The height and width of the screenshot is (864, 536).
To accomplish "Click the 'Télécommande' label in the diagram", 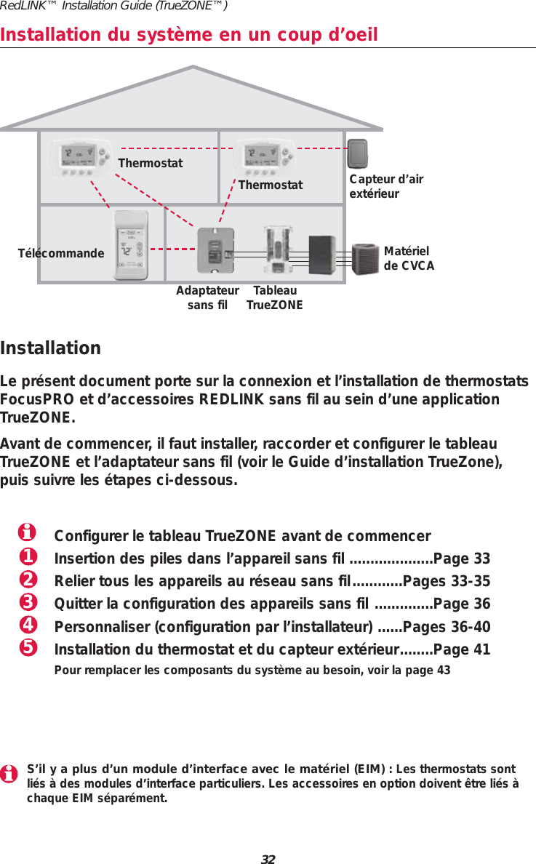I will [x=61, y=254].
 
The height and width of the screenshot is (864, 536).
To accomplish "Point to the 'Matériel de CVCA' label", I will [x=409, y=258].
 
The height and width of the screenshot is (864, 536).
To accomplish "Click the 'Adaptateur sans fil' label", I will [x=207, y=297].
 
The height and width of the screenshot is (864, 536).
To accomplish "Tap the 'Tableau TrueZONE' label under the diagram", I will [x=274, y=297].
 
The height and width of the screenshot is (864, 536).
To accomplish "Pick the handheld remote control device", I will [x=132, y=245].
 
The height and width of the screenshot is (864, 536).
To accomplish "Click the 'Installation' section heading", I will [x=51, y=348].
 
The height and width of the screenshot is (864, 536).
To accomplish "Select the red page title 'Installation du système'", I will [x=189, y=34].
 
